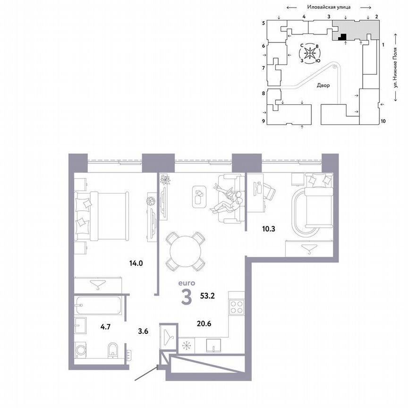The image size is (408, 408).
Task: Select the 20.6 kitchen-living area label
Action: tap(204, 323)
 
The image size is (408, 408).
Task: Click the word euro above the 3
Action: tap(186, 283)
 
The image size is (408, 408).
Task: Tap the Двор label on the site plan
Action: tap(323, 85)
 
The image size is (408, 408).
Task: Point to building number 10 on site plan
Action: tap(383, 121)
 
